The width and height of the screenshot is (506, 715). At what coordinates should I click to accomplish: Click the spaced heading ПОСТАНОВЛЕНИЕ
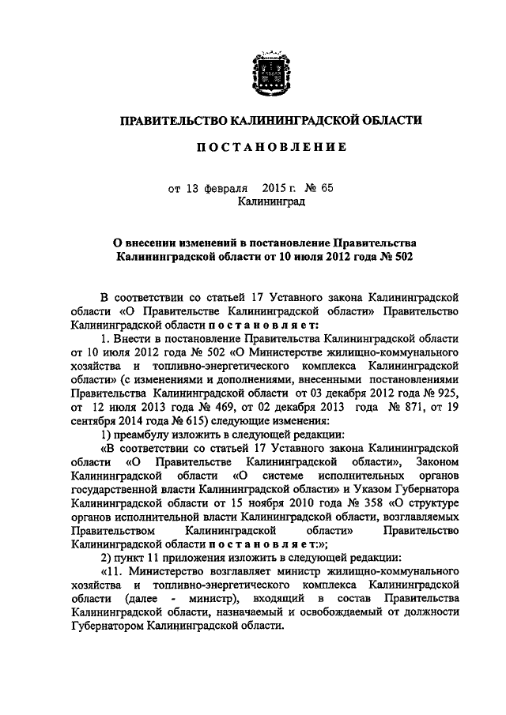[x=269, y=147]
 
